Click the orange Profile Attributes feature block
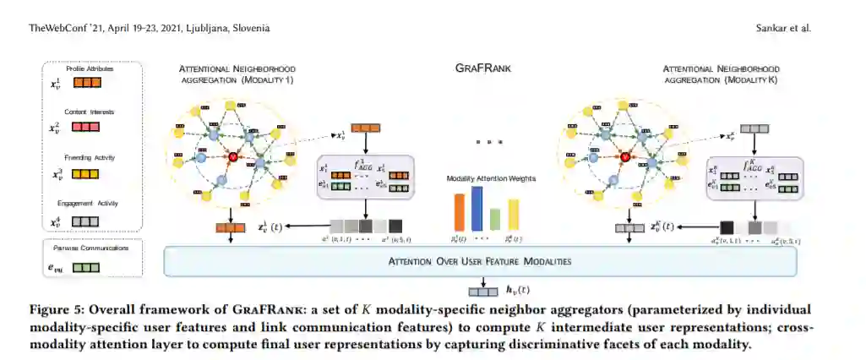point(87,83)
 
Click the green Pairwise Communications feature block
point(87,268)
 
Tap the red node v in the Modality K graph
point(626,155)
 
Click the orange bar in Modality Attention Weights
point(460,212)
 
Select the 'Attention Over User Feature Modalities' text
point(480,262)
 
